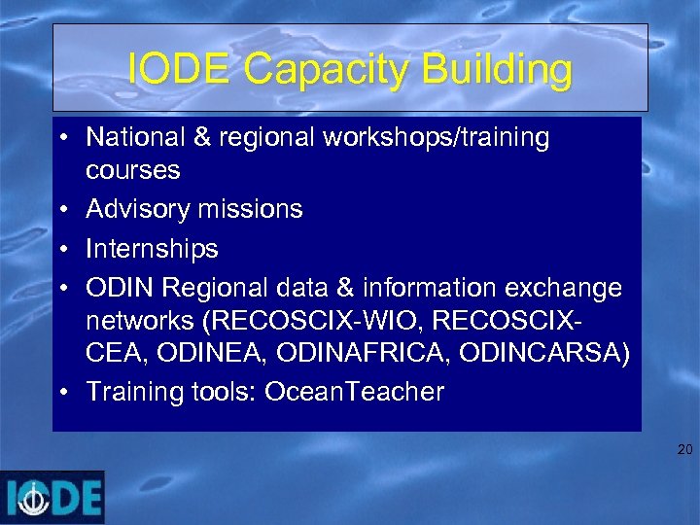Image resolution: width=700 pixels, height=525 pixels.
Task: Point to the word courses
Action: (133, 170)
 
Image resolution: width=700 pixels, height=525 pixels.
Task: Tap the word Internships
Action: (152, 249)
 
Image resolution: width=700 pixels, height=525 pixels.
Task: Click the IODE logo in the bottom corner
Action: (52, 498)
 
